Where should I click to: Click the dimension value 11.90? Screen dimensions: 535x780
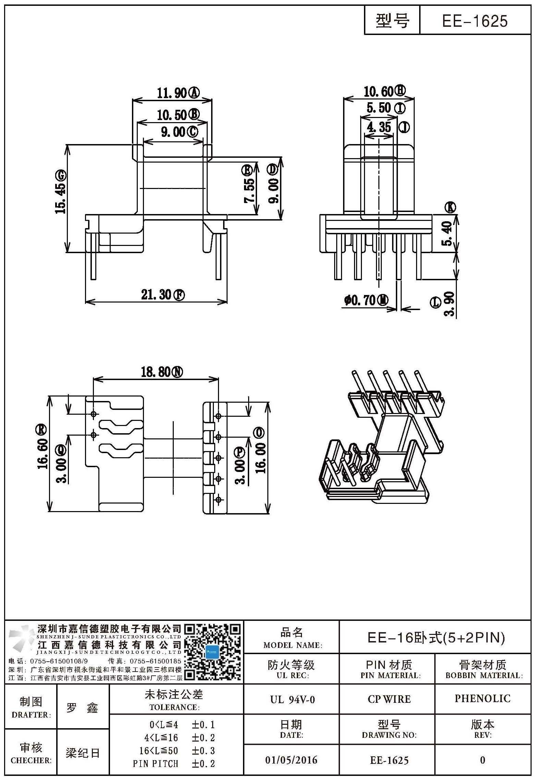[x=172, y=93]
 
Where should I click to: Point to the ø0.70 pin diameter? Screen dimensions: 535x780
[x=360, y=301]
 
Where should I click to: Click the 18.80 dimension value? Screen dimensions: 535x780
[x=157, y=372]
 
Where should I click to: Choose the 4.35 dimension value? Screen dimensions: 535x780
[x=379, y=127]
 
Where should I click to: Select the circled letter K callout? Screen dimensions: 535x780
[x=450, y=208]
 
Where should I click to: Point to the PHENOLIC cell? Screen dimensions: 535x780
[x=483, y=698]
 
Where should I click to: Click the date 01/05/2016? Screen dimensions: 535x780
[x=291, y=760]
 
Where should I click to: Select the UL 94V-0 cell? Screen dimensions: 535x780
[x=292, y=699]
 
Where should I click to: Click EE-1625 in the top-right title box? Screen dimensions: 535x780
[x=475, y=21]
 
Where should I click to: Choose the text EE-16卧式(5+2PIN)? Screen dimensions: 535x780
[x=436, y=637]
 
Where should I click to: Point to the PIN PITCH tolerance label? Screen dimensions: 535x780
[x=156, y=763]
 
